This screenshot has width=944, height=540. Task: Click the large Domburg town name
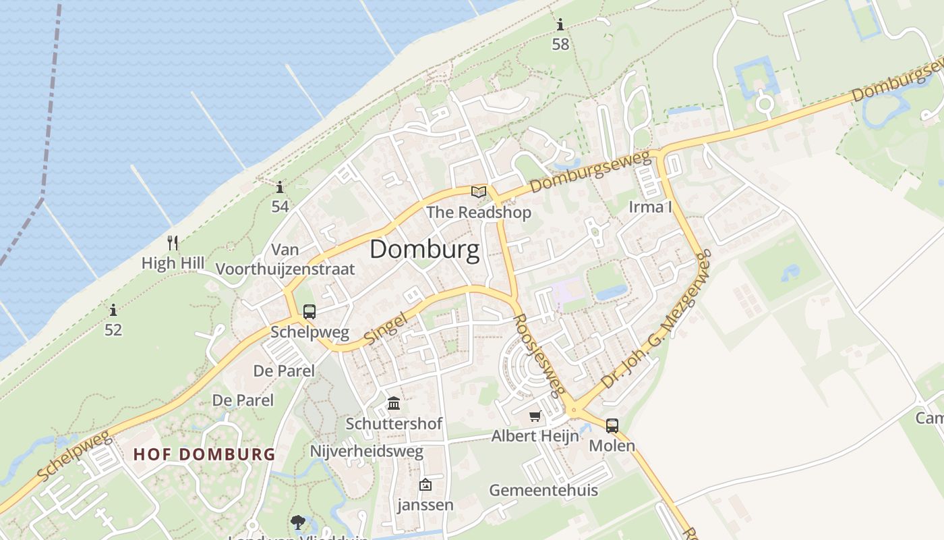[x=425, y=250]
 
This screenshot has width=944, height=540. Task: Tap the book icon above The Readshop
[x=479, y=192]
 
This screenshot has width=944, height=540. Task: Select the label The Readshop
[x=479, y=213]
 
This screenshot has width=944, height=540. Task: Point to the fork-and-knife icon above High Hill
[x=173, y=243]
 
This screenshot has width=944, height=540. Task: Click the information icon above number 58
[x=560, y=26]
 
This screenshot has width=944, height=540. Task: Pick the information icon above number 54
[x=280, y=187]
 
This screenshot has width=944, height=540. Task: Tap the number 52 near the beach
[x=113, y=330]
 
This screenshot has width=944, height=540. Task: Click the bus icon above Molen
[x=612, y=426]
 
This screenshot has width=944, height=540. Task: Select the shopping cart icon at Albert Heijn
[x=535, y=416]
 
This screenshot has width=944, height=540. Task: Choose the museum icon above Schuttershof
[x=394, y=404]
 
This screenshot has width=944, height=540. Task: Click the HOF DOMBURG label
[x=204, y=454]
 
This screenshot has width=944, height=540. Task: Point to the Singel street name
[x=386, y=328]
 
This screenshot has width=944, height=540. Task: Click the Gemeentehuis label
[x=543, y=490]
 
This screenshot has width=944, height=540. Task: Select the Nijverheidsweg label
[x=367, y=451]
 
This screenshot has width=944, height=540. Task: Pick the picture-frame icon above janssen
[x=425, y=485]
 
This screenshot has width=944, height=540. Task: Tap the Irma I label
[x=650, y=207]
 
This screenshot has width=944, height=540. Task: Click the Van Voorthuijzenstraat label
[x=285, y=259]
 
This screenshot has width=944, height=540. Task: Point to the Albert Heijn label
[x=535, y=436]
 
